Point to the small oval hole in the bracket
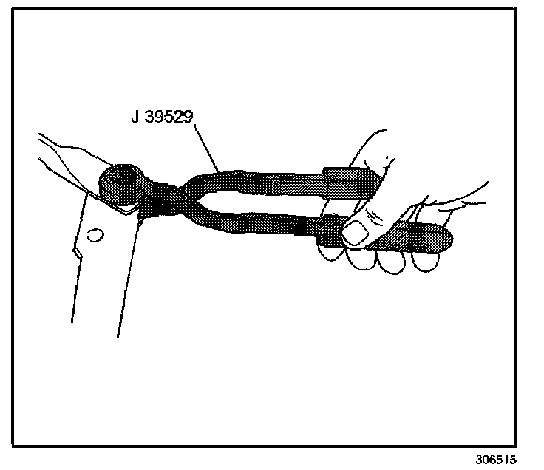click(93, 236)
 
